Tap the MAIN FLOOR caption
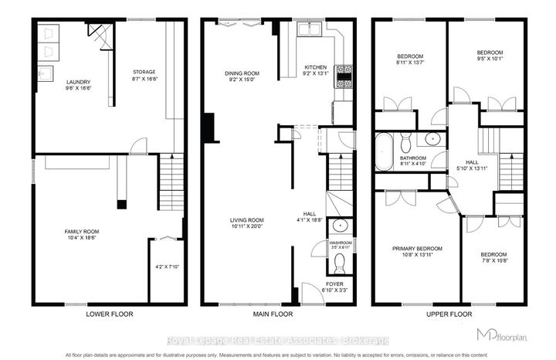[278, 315]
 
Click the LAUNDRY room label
[57, 82]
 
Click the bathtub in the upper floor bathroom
[384, 151]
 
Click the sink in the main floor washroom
[340, 226]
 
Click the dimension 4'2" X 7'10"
[167, 267]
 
